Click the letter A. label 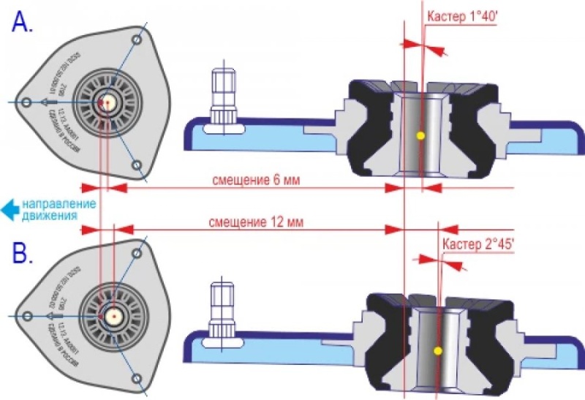(23, 23)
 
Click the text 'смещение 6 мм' (255, 178)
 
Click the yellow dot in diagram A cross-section (420, 135)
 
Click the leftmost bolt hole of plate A (26, 103)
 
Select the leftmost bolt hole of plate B (26, 316)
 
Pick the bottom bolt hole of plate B (137, 377)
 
